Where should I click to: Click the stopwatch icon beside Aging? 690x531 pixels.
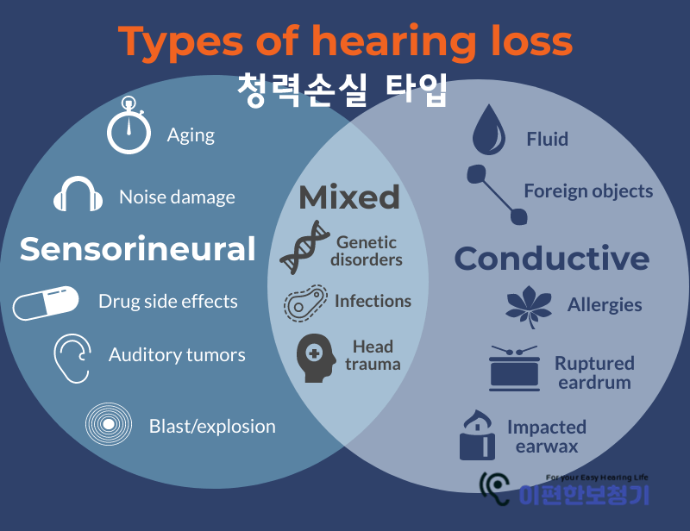129,129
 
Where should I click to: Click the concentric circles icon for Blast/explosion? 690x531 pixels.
109,425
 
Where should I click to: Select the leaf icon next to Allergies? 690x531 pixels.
528,305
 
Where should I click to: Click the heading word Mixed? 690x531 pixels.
349,197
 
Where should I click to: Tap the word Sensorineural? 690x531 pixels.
138,249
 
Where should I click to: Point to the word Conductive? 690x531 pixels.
552,259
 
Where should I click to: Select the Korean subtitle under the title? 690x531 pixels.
342,89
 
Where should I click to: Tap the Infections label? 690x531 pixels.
373,301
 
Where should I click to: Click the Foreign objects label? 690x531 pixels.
588,191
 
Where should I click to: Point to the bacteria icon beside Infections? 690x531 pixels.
305,303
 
